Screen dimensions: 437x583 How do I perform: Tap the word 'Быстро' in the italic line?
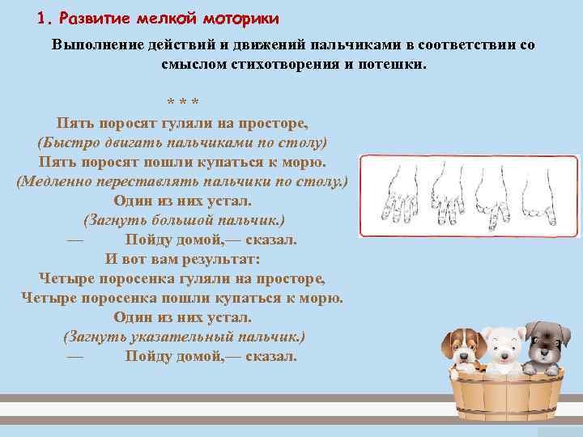pyautogui.click(x=66, y=142)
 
